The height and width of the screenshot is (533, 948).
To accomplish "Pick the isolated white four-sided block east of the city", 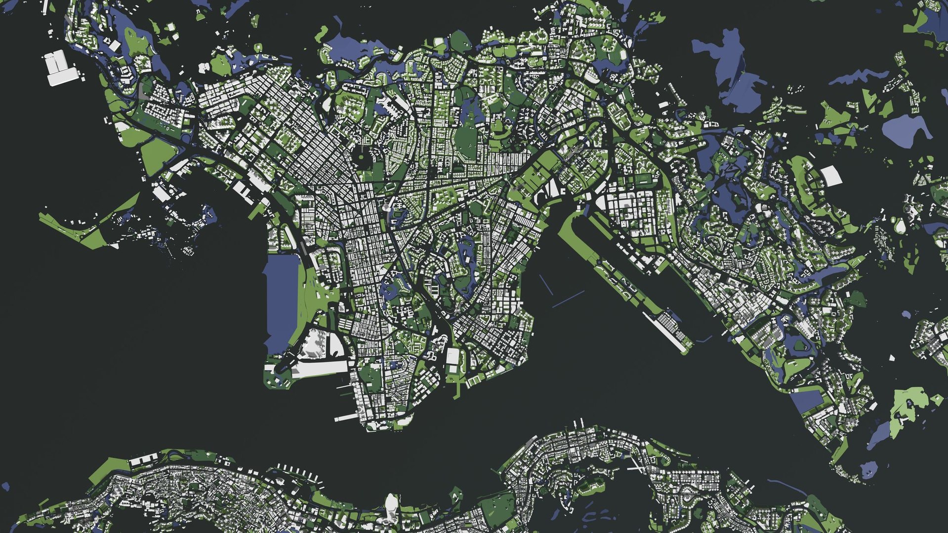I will [831, 176].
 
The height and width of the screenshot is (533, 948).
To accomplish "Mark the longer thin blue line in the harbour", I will [568, 299].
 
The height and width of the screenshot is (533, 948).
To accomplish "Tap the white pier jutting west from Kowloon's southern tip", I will [346, 418].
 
